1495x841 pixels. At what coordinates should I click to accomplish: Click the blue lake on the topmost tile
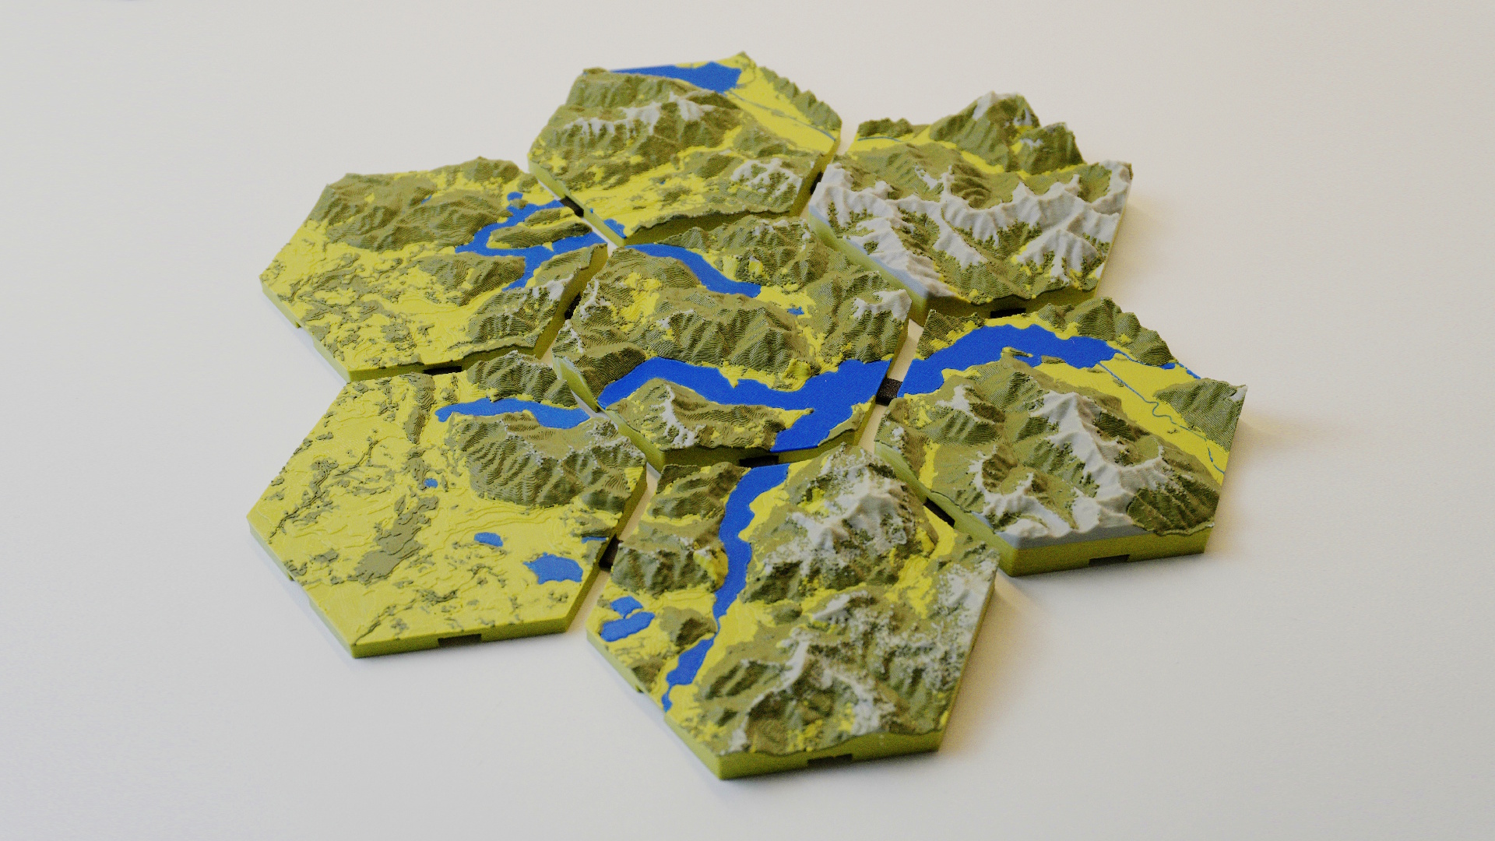pyautogui.click(x=685, y=78)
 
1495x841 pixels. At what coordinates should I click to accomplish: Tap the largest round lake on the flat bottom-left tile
pyautogui.click(x=554, y=568)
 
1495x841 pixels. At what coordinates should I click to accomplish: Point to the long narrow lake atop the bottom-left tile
pyautogui.click(x=506, y=410)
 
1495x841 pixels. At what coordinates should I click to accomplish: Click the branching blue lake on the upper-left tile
pyautogui.click(x=506, y=241)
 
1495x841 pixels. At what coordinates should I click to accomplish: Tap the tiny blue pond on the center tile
pyautogui.click(x=794, y=311)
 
